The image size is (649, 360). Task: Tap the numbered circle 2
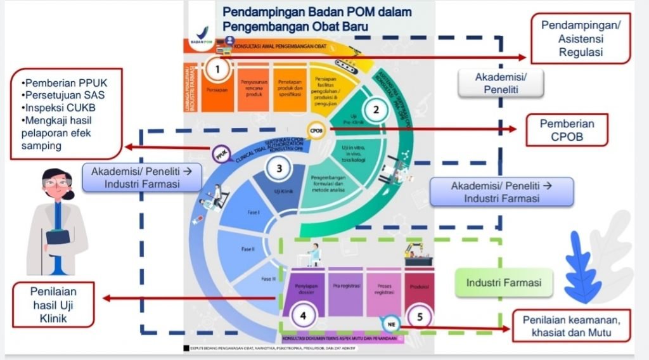(x=376, y=109)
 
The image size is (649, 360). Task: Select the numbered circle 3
(x=279, y=169)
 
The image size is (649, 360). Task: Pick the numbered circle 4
(x=304, y=314)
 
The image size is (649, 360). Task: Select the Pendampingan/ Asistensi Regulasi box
(x=581, y=39)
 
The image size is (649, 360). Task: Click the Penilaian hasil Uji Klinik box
(x=53, y=304)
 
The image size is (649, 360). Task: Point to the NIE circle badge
(x=390, y=325)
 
